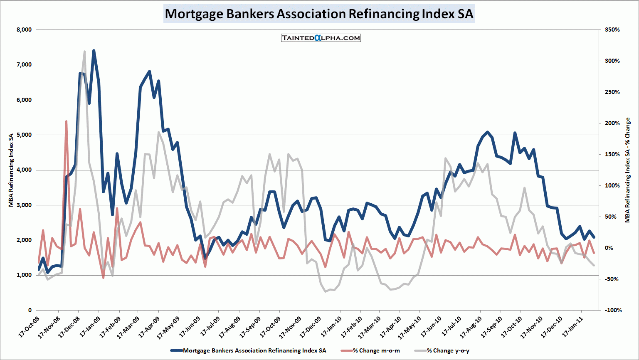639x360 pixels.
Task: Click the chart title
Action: click(319, 13)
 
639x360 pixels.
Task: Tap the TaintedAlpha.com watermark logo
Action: click(321, 38)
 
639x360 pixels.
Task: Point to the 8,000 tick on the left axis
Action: click(24, 30)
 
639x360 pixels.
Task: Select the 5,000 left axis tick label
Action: click(24, 135)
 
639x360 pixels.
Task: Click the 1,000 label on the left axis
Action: click(24, 275)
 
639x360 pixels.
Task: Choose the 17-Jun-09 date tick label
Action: click(190, 327)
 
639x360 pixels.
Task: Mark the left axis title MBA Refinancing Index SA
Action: click(11, 170)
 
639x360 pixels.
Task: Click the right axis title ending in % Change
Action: click(628, 170)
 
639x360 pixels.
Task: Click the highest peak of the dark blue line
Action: click(94, 50)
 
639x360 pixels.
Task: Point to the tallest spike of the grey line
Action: click(84, 52)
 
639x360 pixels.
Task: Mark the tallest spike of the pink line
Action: click(66, 121)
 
